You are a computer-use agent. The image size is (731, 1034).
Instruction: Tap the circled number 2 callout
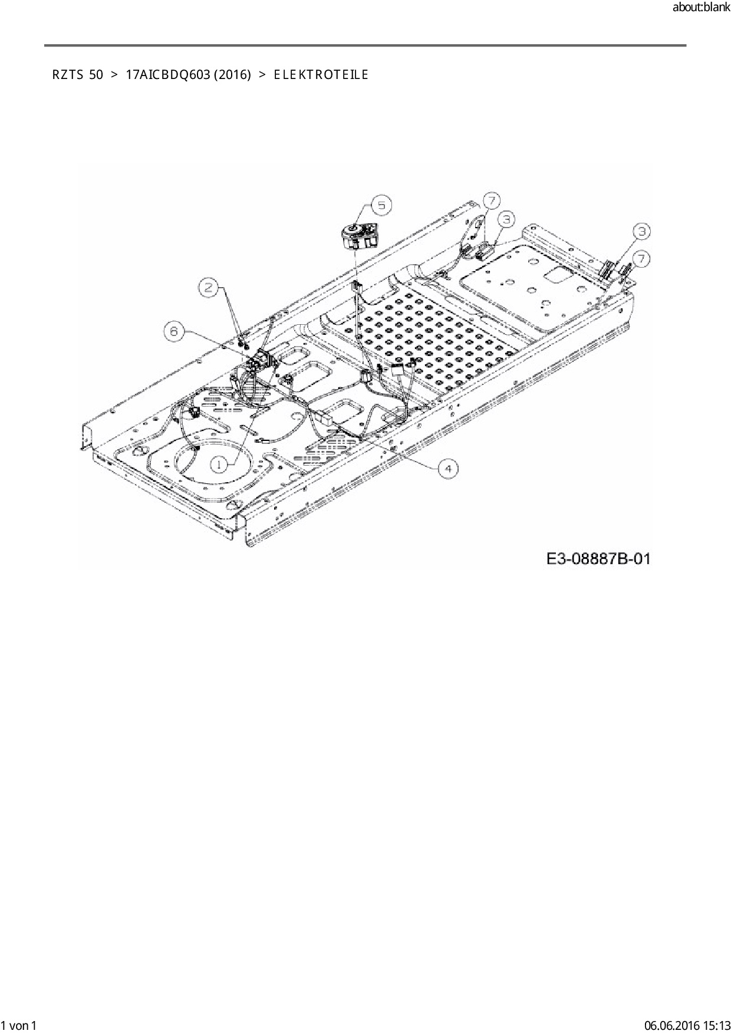pos(208,288)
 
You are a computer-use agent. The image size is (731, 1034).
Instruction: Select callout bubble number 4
pos(448,468)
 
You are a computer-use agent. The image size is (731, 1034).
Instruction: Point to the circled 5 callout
pos(381,205)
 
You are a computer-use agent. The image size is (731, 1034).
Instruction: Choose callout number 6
pos(174,331)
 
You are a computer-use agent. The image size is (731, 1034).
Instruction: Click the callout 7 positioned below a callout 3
pos(641,258)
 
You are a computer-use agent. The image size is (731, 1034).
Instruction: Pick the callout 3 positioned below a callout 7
pos(506,219)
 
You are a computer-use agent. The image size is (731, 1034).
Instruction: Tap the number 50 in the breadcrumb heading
pos(96,75)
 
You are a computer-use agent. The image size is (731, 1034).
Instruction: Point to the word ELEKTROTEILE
pos(321,75)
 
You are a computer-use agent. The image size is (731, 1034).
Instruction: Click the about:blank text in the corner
pos(701,8)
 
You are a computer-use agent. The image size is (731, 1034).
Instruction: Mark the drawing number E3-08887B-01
pos(598,558)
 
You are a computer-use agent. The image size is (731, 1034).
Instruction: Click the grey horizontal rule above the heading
pos(365,45)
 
